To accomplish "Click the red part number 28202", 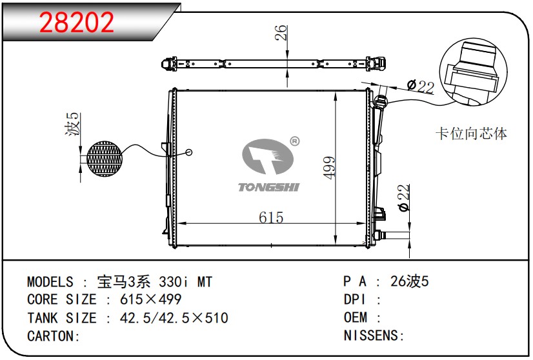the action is [x=77, y=23].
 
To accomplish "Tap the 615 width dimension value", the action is [x=271, y=217].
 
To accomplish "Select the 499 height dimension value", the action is [x=329, y=167].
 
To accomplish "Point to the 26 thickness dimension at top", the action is [x=281, y=33].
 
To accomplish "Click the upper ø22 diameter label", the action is [x=421, y=86].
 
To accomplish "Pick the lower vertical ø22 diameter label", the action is [x=403, y=198].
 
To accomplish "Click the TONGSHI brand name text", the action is [x=268, y=187].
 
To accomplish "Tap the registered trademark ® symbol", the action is [x=294, y=141].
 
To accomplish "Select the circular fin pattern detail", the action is [x=105, y=159].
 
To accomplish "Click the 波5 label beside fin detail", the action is [x=72, y=125].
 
